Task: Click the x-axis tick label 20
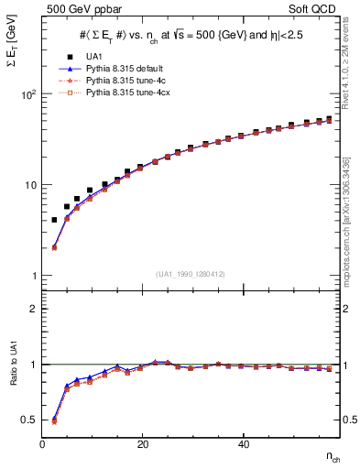click(142, 443)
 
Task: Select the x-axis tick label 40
click(243, 443)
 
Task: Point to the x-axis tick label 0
click(43, 443)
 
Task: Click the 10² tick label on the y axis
click(29, 94)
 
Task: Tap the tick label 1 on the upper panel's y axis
click(34, 276)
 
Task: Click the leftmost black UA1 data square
click(54, 220)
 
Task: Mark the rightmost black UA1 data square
click(329, 118)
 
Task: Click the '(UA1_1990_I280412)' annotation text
click(191, 274)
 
